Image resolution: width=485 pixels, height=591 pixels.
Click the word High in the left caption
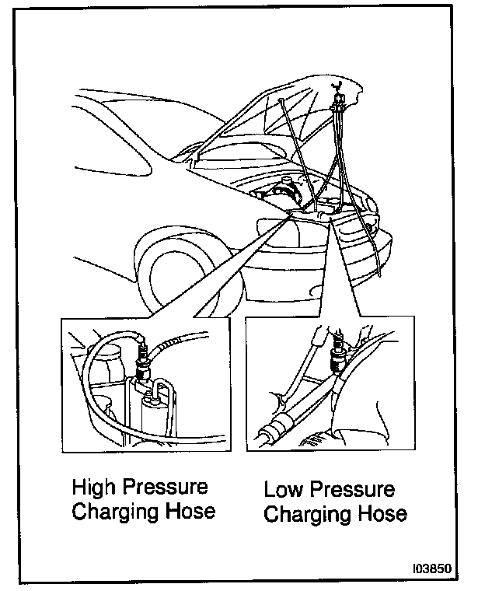[x=92, y=488]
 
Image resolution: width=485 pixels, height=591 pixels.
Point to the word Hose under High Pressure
[x=187, y=513]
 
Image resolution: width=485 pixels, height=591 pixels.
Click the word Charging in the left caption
[x=112, y=513]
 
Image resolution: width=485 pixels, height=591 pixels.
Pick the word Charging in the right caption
[x=304, y=515]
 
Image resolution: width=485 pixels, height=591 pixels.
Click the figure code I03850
[x=431, y=568]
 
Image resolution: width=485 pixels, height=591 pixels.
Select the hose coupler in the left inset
[x=142, y=358]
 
